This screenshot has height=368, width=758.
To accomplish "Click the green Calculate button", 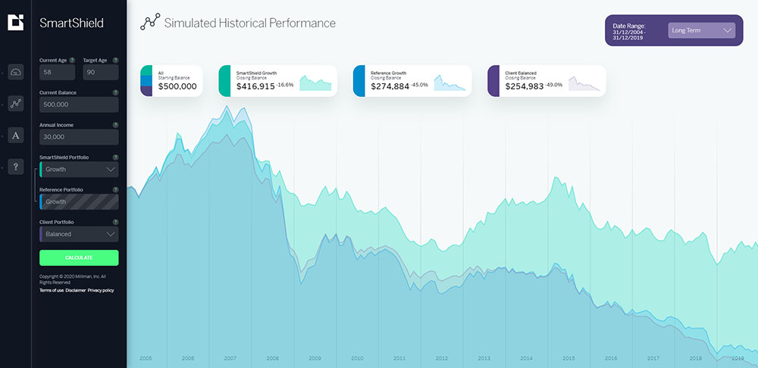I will click(79, 257).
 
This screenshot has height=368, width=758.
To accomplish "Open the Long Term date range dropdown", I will click(701, 30).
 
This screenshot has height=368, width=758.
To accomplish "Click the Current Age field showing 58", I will click(57, 72).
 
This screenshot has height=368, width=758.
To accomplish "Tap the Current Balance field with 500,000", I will click(79, 104).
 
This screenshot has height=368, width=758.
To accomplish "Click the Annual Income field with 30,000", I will click(79, 137).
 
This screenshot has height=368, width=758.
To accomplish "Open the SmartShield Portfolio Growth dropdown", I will click(79, 170).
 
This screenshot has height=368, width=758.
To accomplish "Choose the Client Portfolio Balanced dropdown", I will click(79, 234).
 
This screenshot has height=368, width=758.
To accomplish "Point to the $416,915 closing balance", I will click(255, 86).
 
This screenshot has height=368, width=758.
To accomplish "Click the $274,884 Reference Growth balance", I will click(390, 86).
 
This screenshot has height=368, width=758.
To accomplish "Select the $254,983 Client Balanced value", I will click(524, 86).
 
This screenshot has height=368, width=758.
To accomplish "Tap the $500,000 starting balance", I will click(177, 86).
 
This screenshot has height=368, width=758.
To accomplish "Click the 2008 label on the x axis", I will click(272, 358).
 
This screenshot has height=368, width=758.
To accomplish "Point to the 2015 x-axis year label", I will click(568, 358).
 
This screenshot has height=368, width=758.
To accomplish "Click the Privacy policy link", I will click(101, 290).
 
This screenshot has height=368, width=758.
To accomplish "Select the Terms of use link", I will click(51, 290).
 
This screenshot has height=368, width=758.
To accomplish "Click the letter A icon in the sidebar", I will click(16, 136).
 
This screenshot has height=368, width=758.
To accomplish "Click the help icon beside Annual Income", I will click(115, 125).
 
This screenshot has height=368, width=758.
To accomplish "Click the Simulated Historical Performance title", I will click(249, 23).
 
